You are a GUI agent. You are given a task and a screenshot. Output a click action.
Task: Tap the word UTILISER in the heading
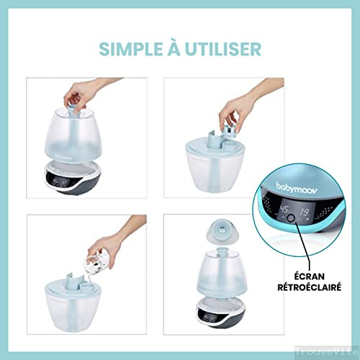tap(222, 49)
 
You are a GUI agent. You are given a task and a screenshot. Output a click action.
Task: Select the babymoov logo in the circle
tap(297, 189)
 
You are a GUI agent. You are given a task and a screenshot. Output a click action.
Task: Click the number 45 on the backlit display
tap(284, 209)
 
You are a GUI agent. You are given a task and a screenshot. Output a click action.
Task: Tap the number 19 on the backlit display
tap(304, 212)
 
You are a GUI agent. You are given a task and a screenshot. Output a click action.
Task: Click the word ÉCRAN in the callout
tap(310, 276)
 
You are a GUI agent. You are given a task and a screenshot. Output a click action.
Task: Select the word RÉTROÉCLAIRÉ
tap(310, 287)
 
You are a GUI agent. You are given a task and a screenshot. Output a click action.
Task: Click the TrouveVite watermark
tap(328, 351)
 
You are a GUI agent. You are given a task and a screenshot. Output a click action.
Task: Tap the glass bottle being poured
tap(99, 264)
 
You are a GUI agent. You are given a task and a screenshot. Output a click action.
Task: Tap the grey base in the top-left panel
tap(72, 178)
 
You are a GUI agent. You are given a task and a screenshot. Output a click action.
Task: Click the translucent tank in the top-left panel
tap(72, 135)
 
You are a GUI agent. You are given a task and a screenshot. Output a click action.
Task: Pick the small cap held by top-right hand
tap(230, 132)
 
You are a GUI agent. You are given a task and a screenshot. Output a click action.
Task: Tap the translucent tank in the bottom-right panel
tap(221, 274)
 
